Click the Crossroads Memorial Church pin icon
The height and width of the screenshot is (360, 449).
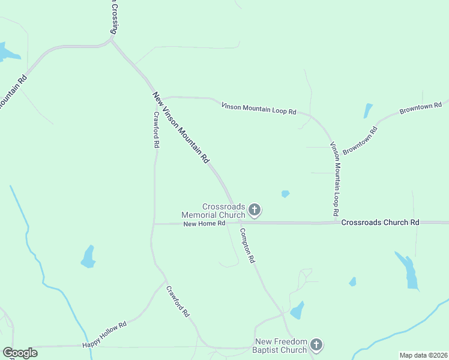255,210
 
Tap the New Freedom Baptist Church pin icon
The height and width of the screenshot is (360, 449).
316,345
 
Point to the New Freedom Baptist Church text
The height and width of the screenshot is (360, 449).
280,346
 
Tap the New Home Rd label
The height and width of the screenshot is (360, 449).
204,224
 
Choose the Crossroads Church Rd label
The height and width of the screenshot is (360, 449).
380,223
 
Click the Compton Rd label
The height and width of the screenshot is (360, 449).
247,245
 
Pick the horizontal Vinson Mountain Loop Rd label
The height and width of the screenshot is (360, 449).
259,109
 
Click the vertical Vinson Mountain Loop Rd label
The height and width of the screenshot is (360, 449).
336,179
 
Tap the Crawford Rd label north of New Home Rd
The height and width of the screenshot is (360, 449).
156,130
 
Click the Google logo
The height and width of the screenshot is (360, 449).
20,353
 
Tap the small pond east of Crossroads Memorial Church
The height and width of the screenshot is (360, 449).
286,194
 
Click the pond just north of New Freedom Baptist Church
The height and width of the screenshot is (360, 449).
297,310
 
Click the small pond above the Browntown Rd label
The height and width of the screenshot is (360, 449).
367,110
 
